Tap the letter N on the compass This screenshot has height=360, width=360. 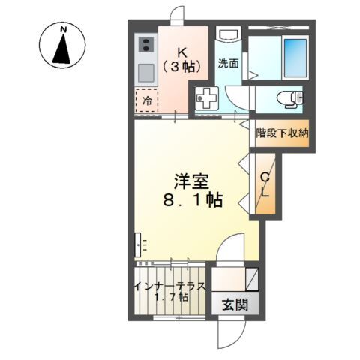(64, 30)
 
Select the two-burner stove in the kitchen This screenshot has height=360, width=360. (145, 46)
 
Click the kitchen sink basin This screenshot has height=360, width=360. (145, 73)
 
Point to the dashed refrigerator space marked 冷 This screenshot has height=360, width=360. (147, 99)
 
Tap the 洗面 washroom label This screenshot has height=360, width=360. (228, 63)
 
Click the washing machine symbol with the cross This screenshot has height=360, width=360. (205, 97)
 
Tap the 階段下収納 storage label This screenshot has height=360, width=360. (282, 133)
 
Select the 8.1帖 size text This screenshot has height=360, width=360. (192, 200)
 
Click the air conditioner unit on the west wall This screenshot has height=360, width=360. (139, 244)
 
